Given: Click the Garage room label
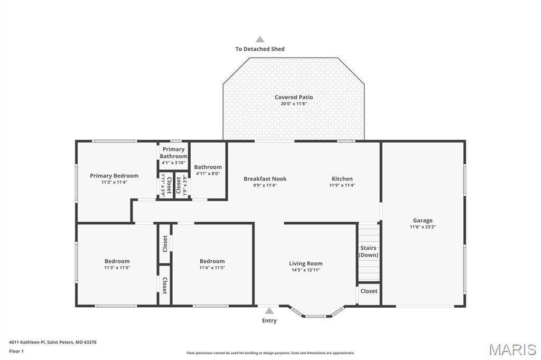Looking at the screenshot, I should click(422, 220).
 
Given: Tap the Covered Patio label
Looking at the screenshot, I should click(293, 97).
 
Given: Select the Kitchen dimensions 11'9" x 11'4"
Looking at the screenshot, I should click(342, 185).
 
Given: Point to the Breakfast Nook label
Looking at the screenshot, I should click(265, 179).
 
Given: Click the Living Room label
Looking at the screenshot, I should click(305, 263).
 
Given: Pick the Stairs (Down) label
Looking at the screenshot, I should click(368, 251).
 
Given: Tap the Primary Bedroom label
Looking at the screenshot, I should click(114, 176).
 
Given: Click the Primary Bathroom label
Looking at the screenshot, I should click(173, 153).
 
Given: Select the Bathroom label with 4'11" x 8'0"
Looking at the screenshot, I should click(208, 167).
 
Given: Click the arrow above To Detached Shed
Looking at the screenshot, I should click(260, 39).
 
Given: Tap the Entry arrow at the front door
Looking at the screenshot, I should click(269, 311).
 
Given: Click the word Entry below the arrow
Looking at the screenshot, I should click(269, 320).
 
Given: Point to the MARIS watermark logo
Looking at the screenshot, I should click(512, 349).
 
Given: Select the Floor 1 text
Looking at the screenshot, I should click(16, 350).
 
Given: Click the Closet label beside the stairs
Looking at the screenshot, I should click(369, 291).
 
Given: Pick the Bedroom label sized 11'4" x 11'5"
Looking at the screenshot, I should click(212, 261).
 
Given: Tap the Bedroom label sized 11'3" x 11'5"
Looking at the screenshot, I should click(117, 261).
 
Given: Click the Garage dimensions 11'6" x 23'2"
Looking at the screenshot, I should click(422, 227).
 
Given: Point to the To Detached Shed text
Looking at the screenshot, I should click(260, 49).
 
